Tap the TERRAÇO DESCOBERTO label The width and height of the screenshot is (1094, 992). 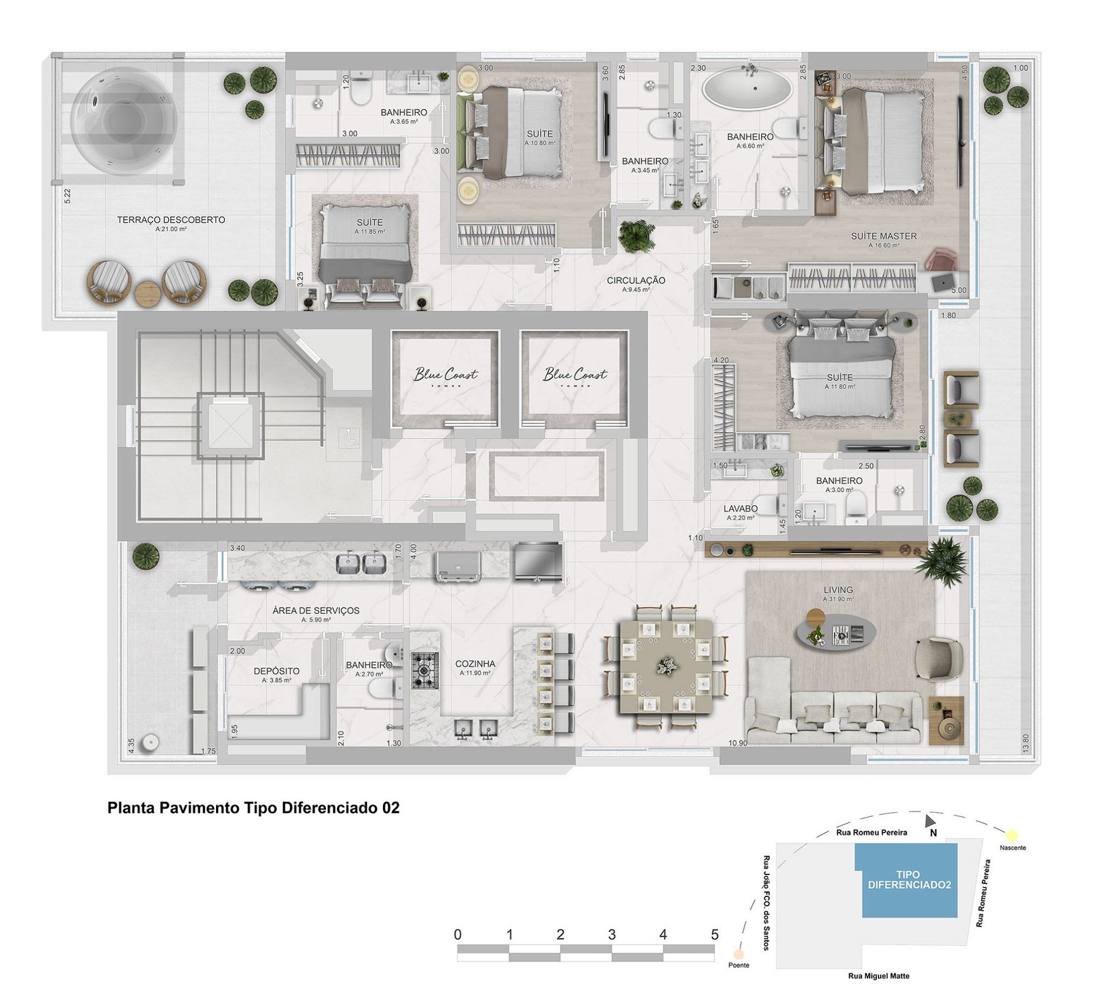pyautogui.click(x=171, y=220)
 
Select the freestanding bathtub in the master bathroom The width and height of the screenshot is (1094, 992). pyautogui.click(x=748, y=88)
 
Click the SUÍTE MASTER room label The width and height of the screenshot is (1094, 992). pyautogui.click(x=883, y=237)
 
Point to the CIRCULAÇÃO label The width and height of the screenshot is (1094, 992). pyautogui.click(x=636, y=280)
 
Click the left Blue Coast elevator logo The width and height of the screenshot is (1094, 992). pyautogui.click(x=445, y=375)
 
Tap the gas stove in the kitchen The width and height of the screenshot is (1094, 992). pyautogui.click(x=424, y=671)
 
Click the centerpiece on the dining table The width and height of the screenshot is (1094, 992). pyautogui.click(x=665, y=665)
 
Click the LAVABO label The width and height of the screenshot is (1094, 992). pyautogui.click(x=741, y=509)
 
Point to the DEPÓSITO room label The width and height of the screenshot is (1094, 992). pyautogui.click(x=276, y=671)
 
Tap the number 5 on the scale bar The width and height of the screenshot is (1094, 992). pyautogui.click(x=715, y=935)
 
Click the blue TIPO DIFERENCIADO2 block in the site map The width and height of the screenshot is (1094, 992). pyautogui.click(x=909, y=880)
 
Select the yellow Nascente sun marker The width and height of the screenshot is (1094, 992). pyautogui.click(x=1011, y=835)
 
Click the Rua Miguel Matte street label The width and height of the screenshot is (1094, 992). pyautogui.click(x=879, y=976)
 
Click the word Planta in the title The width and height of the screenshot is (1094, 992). pyautogui.click(x=131, y=808)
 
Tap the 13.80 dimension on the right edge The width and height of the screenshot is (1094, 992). pyautogui.click(x=1024, y=744)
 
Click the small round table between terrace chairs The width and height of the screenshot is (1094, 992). pyautogui.click(x=147, y=293)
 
